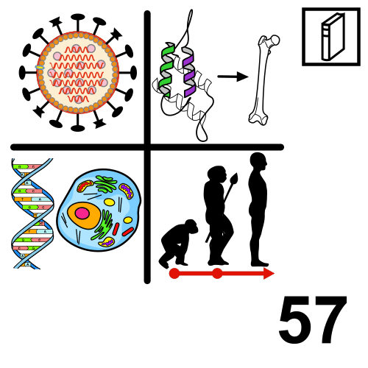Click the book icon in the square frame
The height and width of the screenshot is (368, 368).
tap(333, 37)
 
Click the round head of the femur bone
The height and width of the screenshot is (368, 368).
tap(275, 40)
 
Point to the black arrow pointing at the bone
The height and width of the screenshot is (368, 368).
tap(233, 77)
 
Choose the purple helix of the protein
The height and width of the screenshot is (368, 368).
tap(189, 71)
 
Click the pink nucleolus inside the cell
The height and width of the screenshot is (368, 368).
tap(82, 213)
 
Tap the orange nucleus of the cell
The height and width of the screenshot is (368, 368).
tap(84, 216)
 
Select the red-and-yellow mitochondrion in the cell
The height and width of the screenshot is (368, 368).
tap(85, 186)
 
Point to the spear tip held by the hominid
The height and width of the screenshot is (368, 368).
tap(235, 178)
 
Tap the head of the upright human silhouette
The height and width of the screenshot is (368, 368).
tap(258, 161)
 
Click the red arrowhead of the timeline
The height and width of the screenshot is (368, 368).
tap(269, 273)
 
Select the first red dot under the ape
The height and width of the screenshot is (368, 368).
tap(174, 273)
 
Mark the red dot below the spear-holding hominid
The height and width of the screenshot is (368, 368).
tap(217, 273)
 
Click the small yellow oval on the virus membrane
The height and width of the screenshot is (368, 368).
tap(40, 67)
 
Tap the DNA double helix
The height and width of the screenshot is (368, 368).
tap(32, 213)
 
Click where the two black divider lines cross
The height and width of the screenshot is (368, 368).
tap(147, 147)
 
